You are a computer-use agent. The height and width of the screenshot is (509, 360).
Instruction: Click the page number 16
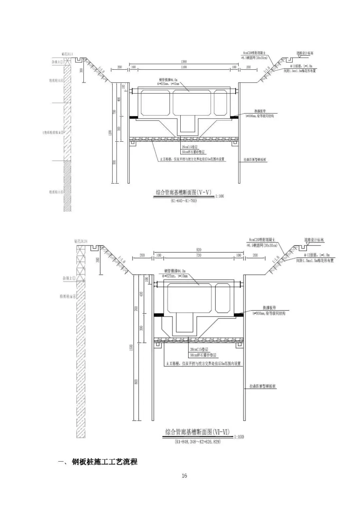[184, 476]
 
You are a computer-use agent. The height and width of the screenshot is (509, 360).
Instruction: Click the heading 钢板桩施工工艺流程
[104, 462]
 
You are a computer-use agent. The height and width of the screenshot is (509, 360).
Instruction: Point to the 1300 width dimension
[184, 61]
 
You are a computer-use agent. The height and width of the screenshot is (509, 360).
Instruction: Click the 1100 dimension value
[184, 67]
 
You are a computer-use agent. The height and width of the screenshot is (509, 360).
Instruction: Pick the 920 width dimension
[199, 250]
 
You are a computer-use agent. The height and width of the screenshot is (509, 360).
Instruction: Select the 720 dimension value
[199, 255]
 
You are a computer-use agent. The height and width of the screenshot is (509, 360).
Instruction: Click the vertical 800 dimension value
[136, 382]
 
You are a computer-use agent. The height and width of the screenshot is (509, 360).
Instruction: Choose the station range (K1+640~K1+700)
[184, 201]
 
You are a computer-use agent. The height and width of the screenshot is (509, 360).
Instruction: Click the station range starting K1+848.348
[198, 441]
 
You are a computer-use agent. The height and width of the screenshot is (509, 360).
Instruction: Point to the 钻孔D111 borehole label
[67, 53]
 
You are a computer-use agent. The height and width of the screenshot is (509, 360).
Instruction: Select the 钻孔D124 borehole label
[82, 241]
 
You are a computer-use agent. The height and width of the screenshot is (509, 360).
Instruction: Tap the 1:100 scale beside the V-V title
[220, 196]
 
